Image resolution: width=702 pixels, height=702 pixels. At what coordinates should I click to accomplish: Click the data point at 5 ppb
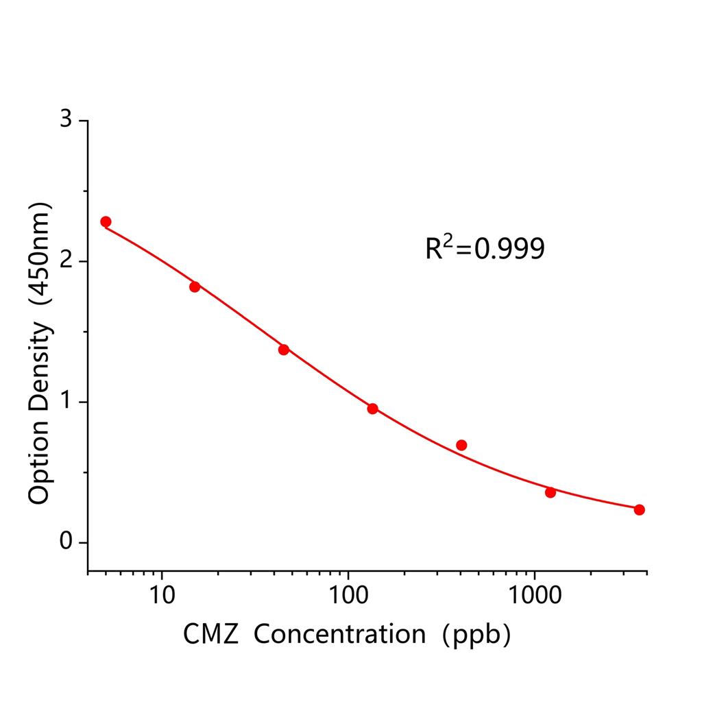106,221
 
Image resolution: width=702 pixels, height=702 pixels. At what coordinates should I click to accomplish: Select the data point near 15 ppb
195,287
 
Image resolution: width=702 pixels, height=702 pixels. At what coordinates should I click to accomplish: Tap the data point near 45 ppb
284,350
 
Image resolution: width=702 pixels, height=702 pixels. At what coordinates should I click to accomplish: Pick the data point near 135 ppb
372,409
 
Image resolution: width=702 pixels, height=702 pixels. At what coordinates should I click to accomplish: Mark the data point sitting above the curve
461,445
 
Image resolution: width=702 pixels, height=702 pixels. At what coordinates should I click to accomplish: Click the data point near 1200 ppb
550,492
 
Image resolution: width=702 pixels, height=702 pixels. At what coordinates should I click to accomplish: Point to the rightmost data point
639,509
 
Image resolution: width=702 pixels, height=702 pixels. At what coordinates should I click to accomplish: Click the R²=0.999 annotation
485,249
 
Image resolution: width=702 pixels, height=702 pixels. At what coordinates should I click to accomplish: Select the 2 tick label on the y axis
66,261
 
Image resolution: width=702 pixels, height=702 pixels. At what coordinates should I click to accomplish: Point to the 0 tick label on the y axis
66,542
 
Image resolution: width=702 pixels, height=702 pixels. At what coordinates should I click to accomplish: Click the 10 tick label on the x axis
162,593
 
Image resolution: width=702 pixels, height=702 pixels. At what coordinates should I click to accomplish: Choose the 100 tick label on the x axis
348,593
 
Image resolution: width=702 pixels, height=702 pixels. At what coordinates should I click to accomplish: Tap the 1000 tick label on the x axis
533,593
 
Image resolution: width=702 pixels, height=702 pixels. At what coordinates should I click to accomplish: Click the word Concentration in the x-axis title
339,635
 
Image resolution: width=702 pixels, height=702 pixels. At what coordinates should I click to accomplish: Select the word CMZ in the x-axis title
210,635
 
